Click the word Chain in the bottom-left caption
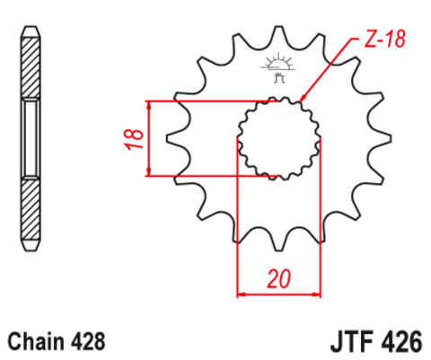34,341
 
